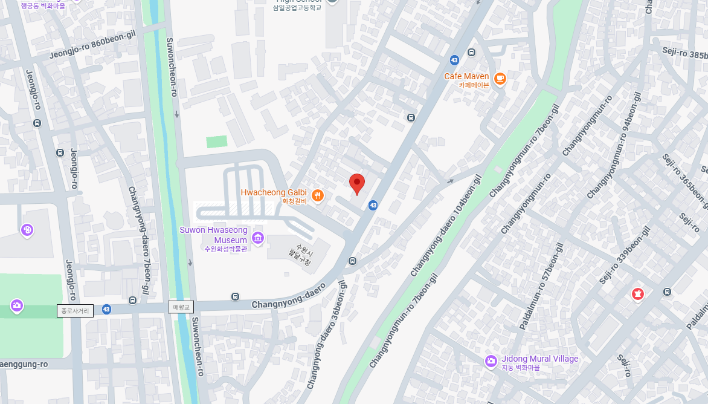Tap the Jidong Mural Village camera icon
(491, 361)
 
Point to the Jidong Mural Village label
(539, 359)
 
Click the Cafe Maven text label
(466, 76)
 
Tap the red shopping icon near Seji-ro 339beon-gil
(637, 294)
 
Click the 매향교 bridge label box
(181, 307)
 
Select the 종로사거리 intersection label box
(76, 311)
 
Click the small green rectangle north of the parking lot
(216, 142)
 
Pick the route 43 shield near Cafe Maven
(454, 60)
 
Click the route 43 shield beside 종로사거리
(106, 309)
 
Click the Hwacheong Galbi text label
(274, 192)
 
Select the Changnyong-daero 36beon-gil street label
(327, 334)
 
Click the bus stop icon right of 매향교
(235, 296)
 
